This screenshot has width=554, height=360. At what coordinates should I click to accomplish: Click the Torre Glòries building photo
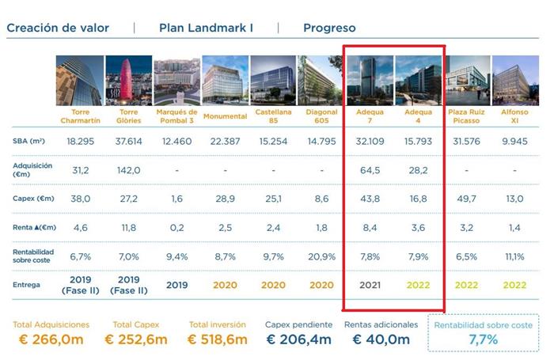pyautogui.click(x=128, y=80)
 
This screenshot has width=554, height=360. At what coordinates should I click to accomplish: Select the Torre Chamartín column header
pyautogui.click(x=79, y=117)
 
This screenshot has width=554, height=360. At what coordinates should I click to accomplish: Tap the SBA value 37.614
pyautogui.click(x=127, y=140)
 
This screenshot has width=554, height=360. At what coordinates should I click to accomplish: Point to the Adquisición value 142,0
pyautogui.click(x=127, y=169)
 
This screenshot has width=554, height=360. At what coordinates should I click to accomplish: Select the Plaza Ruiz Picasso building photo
pyautogui.click(x=467, y=80)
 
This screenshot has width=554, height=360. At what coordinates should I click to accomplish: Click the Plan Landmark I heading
pyautogui.click(x=206, y=28)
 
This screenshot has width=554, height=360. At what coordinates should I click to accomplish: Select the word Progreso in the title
pyautogui.click(x=329, y=28)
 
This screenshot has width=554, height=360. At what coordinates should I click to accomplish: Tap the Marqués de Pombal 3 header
pyautogui.click(x=176, y=117)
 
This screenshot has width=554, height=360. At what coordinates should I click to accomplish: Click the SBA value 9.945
pyautogui.click(x=514, y=140)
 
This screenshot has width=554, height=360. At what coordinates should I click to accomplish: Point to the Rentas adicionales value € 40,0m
pyautogui.click(x=381, y=339)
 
